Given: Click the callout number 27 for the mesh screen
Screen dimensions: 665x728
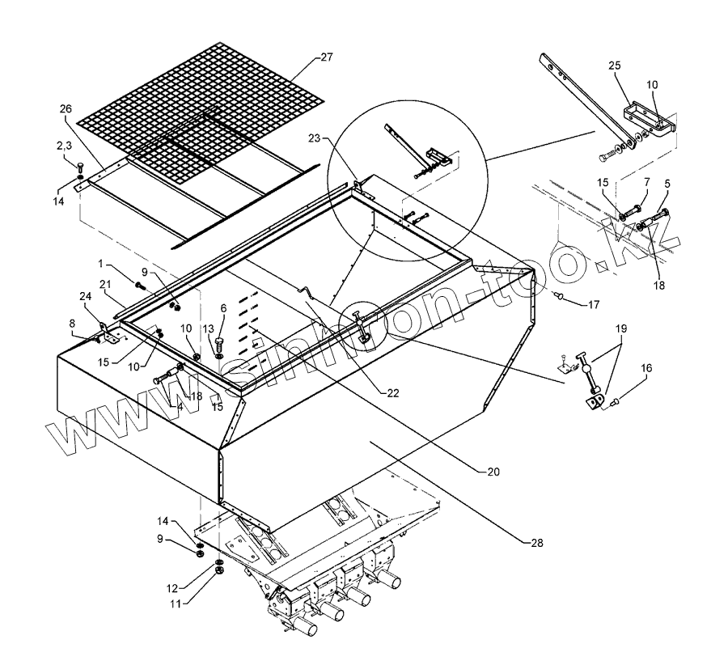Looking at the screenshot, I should (326, 57).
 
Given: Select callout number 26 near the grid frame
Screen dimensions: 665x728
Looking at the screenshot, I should (65, 108).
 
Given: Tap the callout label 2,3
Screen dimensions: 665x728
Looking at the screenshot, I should (66, 146).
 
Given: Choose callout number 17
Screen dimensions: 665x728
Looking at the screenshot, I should (595, 306).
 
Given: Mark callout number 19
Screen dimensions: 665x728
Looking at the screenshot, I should (620, 331).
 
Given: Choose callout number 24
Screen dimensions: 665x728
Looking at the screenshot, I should (85, 296).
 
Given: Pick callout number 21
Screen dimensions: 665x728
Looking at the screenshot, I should (104, 284).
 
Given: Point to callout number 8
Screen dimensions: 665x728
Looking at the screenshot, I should (73, 323).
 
